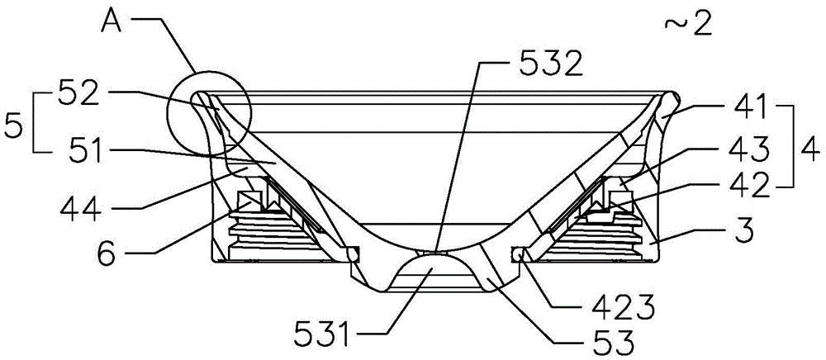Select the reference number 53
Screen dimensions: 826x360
(x=605, y=345)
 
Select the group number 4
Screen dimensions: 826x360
(x=810, y=150)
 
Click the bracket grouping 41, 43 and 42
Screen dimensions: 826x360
(x=786, y=145)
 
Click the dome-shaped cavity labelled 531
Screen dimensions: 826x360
(x=430, y=271)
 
